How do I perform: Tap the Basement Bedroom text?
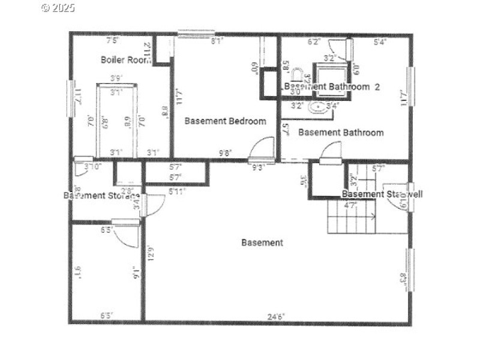click(x=225, y=121)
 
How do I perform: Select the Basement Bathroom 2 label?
click(x=332, y=86)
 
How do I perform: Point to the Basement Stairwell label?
click(x=382, y=194)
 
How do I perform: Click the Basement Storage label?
click(x=101, y=195)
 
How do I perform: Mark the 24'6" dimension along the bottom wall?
click(x=276, y=316)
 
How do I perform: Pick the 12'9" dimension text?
click(x=151, y=256)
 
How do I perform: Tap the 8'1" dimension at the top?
click(x=217, y=42)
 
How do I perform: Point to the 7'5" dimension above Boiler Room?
click(x=113, y=41)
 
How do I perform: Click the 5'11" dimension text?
click(x=177, y=191)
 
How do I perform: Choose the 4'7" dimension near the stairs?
click(x=350, y=205)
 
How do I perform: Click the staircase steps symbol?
click(x=352, y=218)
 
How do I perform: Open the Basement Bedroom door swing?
click(x=263, y=149)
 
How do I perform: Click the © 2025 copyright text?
click(x=58, y=8)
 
